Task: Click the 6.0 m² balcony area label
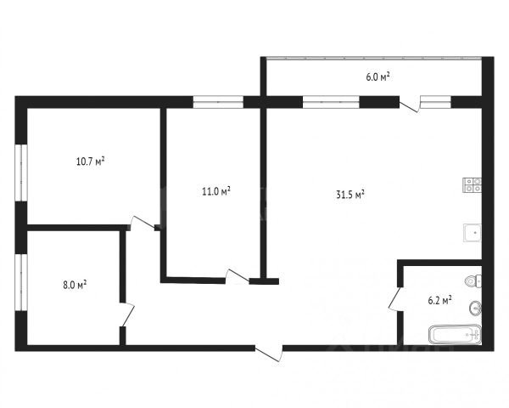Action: click(x=378, y=77)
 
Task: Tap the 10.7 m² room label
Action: click(x=91, y=160)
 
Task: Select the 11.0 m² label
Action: click(x=215, y=191)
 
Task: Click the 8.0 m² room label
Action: click(x=76, y=286)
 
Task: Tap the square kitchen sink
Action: click(x=472, y=231)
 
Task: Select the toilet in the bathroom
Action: click(x=473, y=280)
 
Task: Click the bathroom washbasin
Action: click(x=475, y=307)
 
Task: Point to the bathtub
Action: click(x=454, y=335)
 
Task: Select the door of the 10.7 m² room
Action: click(x=141, y=223)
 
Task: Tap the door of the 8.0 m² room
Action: click(x=126, y=314)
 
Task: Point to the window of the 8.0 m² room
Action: click(x=22, y=285)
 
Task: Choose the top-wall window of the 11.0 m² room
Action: click(x=218, y=101)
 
